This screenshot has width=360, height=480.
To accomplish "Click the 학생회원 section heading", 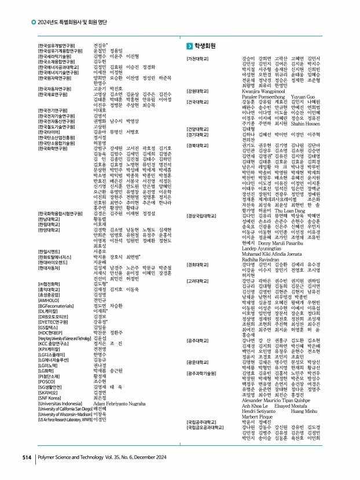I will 205,46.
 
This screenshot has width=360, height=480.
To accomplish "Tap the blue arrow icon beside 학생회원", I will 189,46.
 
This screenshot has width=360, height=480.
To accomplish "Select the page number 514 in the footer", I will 26,457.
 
